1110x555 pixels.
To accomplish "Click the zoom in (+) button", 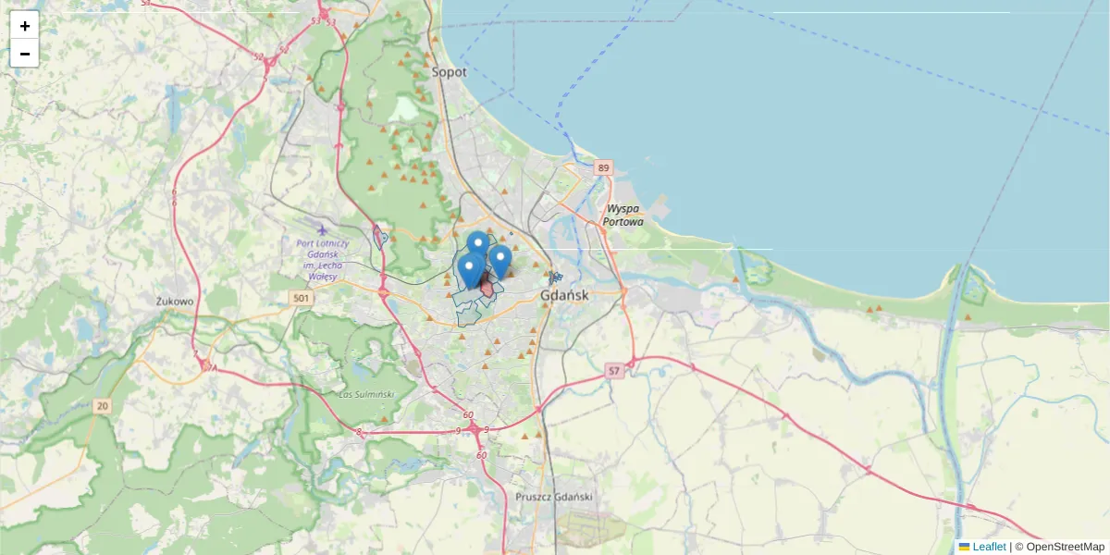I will tap(24, 26).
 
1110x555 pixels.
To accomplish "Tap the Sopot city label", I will tap(450, 71).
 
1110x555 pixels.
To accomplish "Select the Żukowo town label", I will tap(175, 302).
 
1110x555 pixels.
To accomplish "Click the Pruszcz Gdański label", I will tap(553, 498).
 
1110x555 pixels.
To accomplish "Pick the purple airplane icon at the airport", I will tap(322, 230).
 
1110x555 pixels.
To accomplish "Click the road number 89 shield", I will tap(604, 167).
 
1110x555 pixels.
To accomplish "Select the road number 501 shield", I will tap(301, 298).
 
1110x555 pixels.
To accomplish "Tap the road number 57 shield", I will tap(613, 370).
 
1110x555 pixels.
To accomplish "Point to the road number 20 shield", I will tap(102, 406).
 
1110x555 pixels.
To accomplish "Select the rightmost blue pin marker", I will tap(500, 260).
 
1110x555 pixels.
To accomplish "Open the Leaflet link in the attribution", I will tap(989, 547).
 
